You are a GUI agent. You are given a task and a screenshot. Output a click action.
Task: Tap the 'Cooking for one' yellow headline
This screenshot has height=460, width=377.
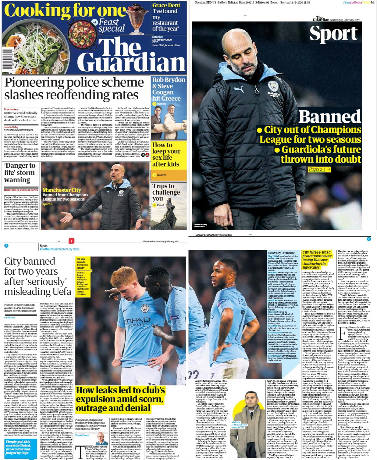(x=65, y=11)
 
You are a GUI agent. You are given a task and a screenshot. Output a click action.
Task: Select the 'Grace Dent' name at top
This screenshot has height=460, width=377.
(x=166, y=5)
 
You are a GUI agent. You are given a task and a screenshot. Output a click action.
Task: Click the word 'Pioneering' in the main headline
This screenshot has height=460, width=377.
(x=35, y=82)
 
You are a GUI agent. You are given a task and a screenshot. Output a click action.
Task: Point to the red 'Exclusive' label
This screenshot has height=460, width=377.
(x=11, y=109)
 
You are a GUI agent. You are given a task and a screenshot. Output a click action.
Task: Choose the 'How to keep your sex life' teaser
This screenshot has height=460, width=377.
(x=166, y=154)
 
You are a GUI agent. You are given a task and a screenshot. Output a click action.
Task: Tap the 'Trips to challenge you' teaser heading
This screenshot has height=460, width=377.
(x=164, y=192)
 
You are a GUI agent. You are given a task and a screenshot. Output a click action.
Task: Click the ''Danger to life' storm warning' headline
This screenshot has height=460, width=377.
(x=19, y=172)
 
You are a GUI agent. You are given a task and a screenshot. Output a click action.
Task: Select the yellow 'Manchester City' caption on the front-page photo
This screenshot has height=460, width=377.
(x=62, y=190)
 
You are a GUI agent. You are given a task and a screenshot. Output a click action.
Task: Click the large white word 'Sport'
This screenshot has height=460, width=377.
(x=333, y=34)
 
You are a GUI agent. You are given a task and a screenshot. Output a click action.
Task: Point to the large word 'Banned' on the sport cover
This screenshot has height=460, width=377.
(x=330, y=117)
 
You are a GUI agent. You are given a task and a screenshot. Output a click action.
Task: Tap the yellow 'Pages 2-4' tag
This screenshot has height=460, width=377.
(x=319, y=169)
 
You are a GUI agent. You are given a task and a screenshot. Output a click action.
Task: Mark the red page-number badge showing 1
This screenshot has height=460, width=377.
(x=71, y=241)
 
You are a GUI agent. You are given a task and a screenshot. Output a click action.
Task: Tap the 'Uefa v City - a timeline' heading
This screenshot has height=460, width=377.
(x=281, y=253)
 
